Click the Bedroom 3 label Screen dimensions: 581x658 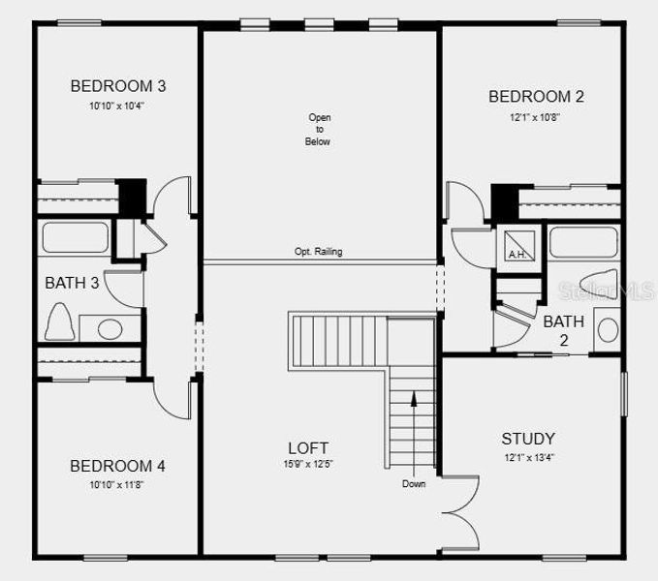click(x=111, y=85)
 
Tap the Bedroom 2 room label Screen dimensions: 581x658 click(x=536, y=96)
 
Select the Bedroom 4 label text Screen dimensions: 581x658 click(x=117, y=466)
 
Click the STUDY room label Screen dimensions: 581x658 click(x=528, y=438)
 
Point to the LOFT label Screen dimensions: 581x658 click(x=308, y=447)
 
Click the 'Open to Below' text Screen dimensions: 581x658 click(x=320, y=130)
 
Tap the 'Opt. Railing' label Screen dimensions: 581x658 click(x=318, y=252)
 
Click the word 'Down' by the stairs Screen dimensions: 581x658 click(x=414, y=484)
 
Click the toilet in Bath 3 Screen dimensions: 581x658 click(x=59, y=321)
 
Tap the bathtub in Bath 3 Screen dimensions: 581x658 click(x=75, y=238)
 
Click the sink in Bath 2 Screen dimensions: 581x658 click(x=608, y=329)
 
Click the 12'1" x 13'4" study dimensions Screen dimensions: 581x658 click(x=528, y=457)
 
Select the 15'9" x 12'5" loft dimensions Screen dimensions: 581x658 click(x=308, y=465)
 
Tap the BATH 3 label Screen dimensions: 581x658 click(x=72, y=283)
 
